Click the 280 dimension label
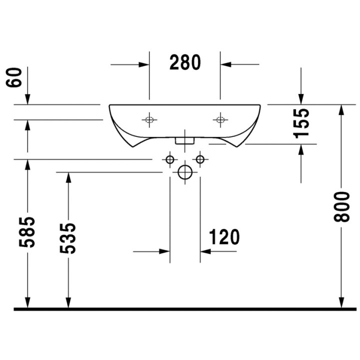coord(185,62)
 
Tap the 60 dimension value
coord(14,77)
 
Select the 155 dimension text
coord(301,123)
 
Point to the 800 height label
coord(341,207)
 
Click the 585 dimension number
coord(27,232)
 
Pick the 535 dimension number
coord(67,238)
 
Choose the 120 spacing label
coord(224,237)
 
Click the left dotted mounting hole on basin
coord(149,119)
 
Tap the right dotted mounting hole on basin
coord(220,119)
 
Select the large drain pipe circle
coord(185,172)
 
